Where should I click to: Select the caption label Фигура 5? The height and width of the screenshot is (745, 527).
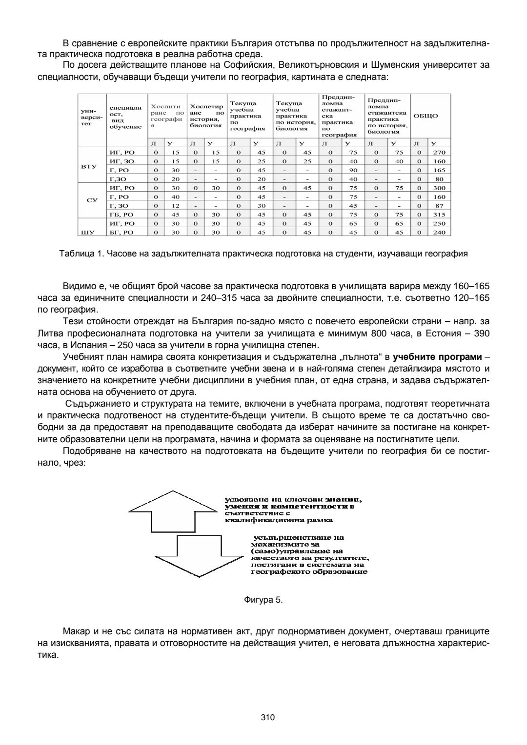tap(263, 600)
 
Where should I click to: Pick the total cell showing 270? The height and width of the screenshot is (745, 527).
tap(439, 153)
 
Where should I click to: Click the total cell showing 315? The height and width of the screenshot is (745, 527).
tap(439, 215)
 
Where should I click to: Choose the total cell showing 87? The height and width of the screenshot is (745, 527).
tap(439, 206)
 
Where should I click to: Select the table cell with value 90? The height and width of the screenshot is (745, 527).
tap(353, 170)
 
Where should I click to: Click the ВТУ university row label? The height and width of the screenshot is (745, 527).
tap(91, 166)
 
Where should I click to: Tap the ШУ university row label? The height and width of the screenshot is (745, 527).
tap(91, 233)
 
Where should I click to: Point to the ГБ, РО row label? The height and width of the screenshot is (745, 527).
tap(120, 215)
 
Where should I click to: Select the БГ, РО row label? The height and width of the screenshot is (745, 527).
tap(121, 233)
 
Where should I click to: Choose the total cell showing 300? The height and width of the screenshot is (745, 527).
tap(439, 188)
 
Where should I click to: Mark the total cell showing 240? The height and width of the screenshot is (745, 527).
tap(439, 233)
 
